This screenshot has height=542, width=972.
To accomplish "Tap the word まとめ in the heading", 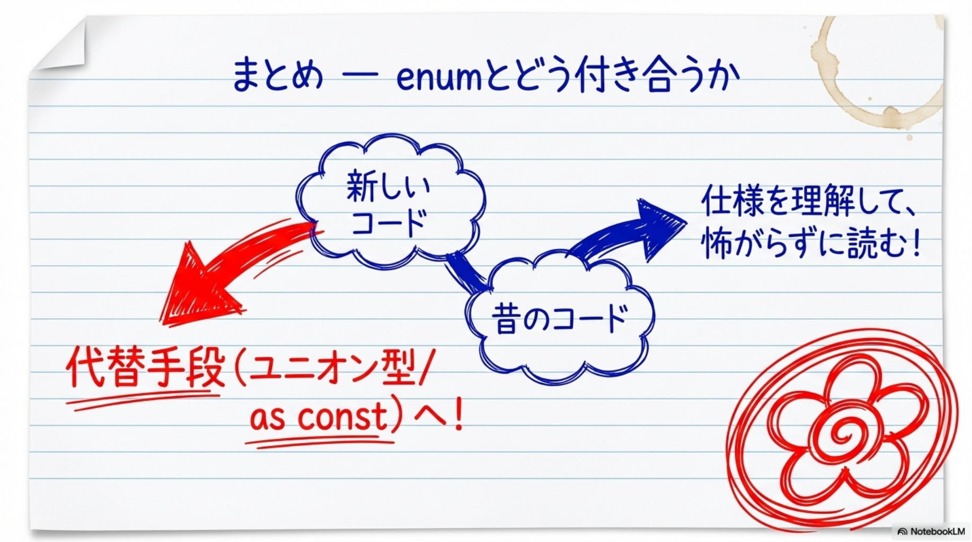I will pos(277,76).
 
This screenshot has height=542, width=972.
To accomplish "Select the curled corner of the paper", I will pos(64,45).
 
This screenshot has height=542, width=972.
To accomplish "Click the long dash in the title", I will pos(360,77).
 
